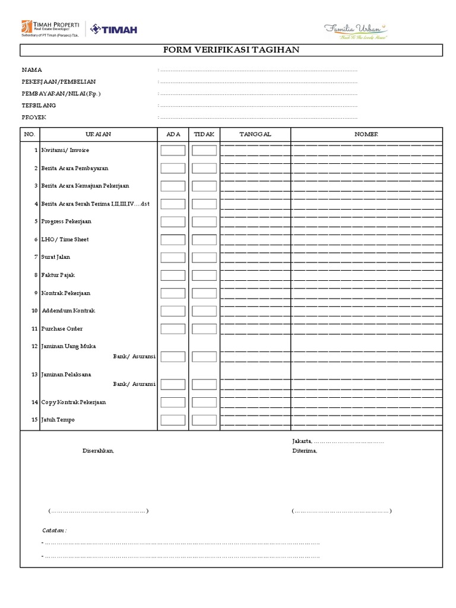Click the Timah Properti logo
(x=50, y=28)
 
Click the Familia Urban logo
(x=355, y=29)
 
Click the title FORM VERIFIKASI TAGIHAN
(x=232, y=50)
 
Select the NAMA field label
(x=32, y=70)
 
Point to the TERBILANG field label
(x=39, y=105)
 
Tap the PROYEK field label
(x=34, y=117)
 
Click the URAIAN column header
(x=98, y=134)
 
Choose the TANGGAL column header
(x=255, y=134)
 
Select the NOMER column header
(x=366, y=134)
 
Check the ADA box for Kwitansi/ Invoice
(x=173, y=151)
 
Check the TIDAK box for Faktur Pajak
(x=204, y=275)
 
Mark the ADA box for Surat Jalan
(x=173, y=258)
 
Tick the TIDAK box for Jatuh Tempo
(x=204, y=420)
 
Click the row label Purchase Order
(x=62, y=329)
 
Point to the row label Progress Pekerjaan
(x=66, y=221)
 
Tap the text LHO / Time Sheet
(x=65, y=239)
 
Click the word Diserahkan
(x=98, y=451)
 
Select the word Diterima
(x=305, y=451)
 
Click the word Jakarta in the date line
(x=302, y=442)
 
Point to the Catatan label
(x=54, y=530)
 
